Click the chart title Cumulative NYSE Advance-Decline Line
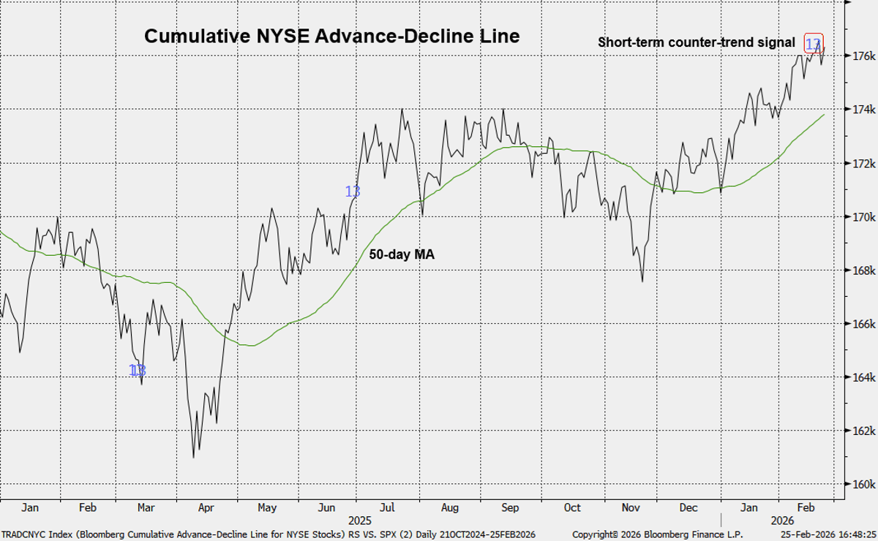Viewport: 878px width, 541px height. [331, 37]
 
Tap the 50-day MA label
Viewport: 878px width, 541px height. [402, 254]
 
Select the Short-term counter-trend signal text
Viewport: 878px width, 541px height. [696, 42]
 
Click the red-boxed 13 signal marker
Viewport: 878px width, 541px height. [813, 44]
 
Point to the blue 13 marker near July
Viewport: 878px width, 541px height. [353, 192]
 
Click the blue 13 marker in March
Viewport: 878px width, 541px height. [138, 371]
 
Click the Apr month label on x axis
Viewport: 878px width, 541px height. [206, 507]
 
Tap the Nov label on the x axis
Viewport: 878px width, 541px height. [629, 507]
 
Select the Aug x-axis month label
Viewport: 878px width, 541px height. [450, 507]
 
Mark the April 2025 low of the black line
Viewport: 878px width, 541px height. [193, 458]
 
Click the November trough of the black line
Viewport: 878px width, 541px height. [642, 281]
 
